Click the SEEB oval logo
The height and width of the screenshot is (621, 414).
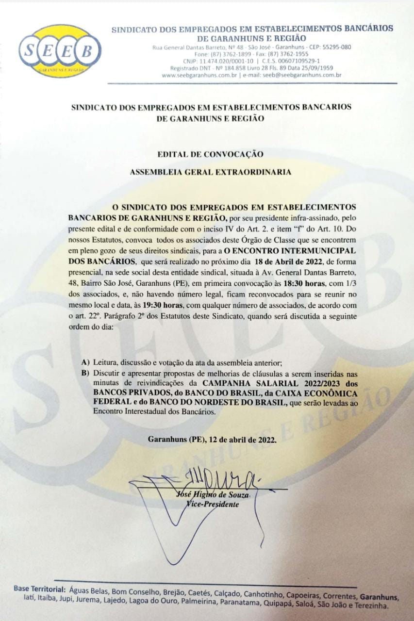[60, 51]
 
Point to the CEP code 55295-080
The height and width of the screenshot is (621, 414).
[335, 47]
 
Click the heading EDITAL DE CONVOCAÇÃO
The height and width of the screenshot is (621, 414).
[211, 154]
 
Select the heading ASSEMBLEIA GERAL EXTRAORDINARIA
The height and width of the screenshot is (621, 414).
[211, 172]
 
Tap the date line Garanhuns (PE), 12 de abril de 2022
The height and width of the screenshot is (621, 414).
[213, 441]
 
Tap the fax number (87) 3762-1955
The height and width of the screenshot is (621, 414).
[290, 54]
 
